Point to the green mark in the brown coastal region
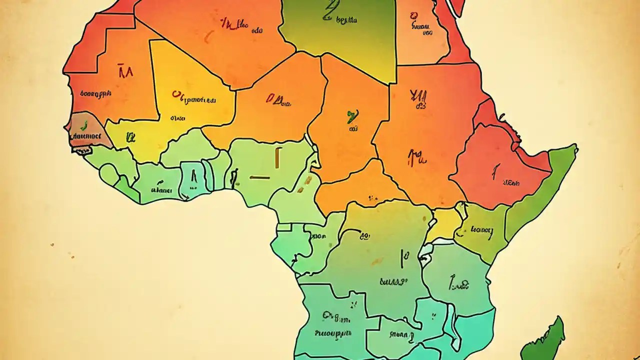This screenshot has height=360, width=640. coord(83,123)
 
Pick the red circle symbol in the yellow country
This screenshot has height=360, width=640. coord(175,93)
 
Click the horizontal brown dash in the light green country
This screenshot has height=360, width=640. coord(260,177)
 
